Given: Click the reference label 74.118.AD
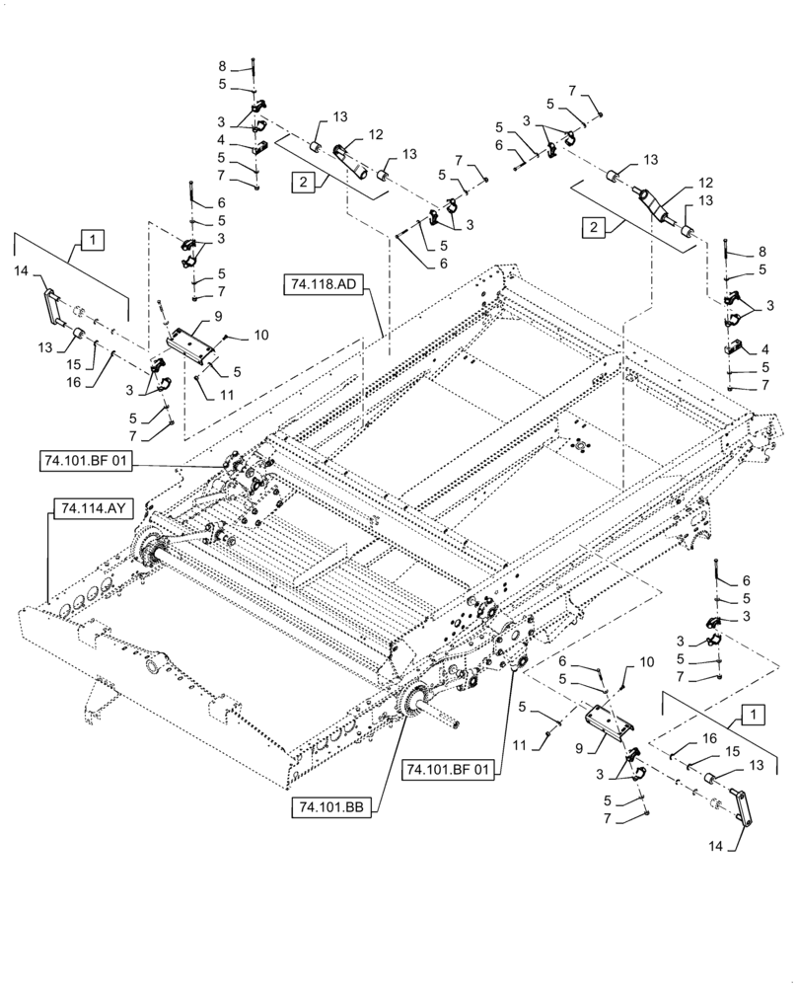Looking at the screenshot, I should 324,285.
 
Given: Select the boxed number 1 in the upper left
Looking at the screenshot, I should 91,239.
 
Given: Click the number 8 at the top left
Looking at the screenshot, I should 222,67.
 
